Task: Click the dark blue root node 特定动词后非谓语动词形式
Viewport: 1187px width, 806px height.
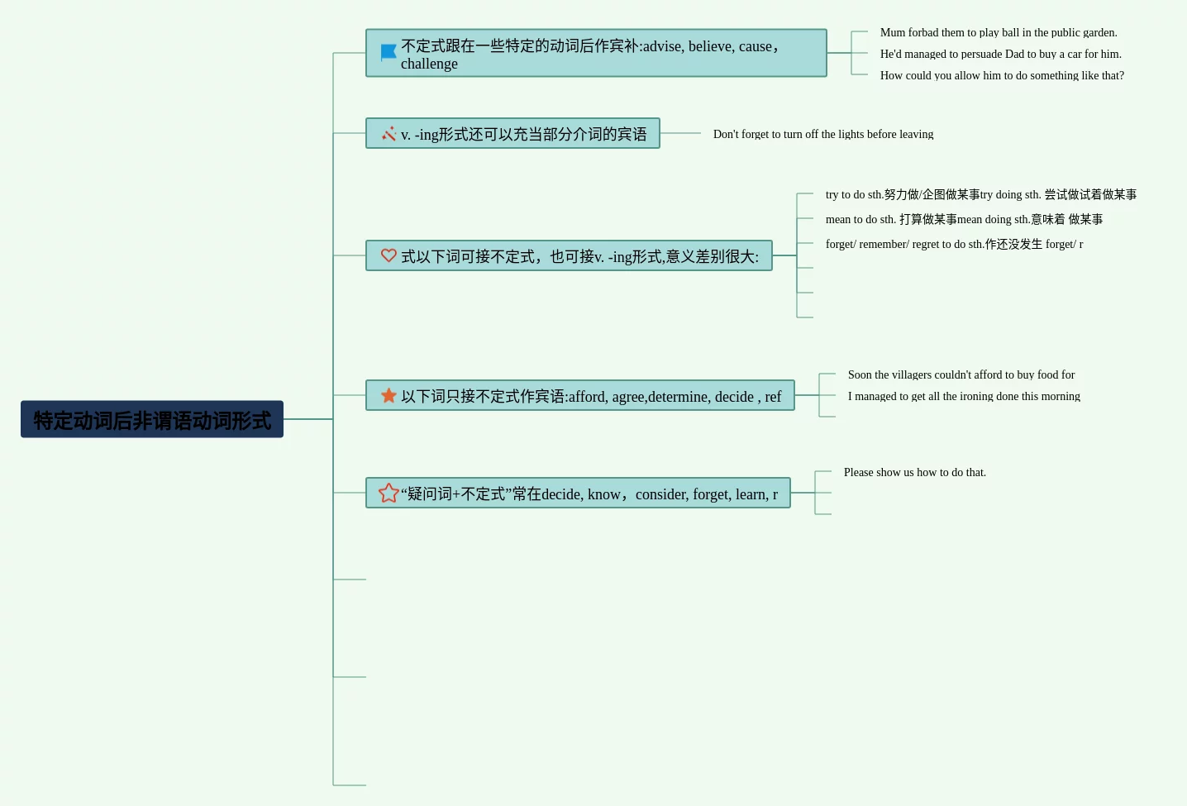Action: (152, 420)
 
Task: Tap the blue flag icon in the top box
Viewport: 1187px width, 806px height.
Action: (389, 53)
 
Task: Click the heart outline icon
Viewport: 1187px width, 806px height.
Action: (389, 255)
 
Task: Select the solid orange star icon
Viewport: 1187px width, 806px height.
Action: (389, 396)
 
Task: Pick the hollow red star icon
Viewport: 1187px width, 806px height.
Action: (389, 494)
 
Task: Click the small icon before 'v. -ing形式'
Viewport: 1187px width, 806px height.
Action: (389, 134)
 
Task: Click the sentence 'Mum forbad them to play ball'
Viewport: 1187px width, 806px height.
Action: (998, 33)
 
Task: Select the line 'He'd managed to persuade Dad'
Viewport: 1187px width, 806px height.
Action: (1000, 55)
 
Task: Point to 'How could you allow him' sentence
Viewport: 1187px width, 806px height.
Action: (1002, 76)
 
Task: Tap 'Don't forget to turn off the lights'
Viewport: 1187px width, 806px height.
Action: (822, 135)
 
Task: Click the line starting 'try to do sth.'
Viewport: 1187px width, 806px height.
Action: (980, 195)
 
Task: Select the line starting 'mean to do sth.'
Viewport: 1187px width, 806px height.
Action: (964, 220)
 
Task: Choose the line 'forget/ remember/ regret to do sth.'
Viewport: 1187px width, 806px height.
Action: (954, 245)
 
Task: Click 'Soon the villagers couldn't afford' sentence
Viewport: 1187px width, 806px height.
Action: (961, 375)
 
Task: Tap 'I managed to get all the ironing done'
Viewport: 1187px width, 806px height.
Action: (964, 397)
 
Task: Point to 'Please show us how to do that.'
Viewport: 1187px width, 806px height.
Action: (914, 473)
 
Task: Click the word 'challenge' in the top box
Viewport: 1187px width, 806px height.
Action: (429, 64)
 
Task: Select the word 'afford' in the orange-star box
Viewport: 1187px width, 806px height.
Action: (587, 397)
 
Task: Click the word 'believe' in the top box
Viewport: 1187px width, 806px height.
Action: (709, 46)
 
